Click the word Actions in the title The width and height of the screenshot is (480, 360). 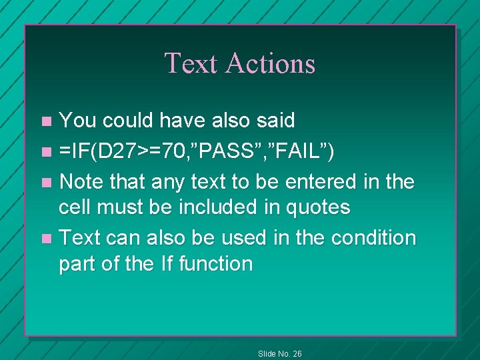tap(270, 63)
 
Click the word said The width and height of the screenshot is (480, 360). tap(274, 121)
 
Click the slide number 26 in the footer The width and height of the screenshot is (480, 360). tap(297, 353)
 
